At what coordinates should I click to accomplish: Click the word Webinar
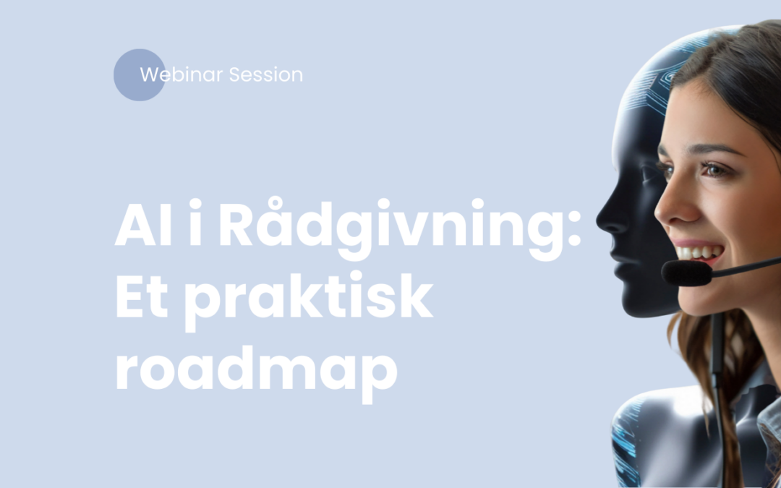[x=182, y=74]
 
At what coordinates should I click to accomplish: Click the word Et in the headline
[x=143, y=299]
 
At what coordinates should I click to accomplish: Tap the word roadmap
[x=257, y=371]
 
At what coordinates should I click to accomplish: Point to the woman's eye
[x=716, y=170]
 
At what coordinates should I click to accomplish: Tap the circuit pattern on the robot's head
[x=651, y=94]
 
